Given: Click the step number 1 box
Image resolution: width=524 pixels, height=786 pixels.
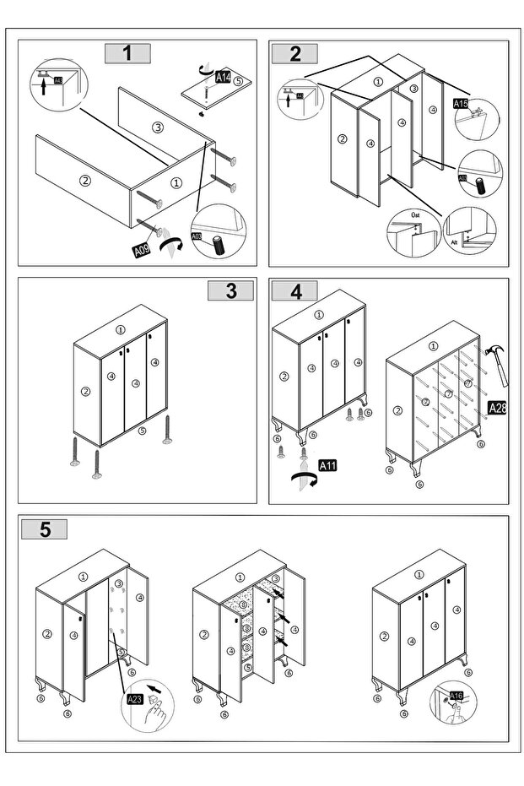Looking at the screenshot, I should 127,52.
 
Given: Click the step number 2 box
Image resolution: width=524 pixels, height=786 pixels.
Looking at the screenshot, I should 294,53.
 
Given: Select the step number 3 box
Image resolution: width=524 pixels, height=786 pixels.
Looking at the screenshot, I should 230,290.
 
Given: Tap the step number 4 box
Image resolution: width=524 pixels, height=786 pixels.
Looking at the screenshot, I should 294,291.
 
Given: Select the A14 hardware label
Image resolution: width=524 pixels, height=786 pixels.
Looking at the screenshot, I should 223,77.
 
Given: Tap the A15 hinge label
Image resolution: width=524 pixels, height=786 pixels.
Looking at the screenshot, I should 461,104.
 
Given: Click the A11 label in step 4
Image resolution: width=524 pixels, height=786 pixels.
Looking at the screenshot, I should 329,465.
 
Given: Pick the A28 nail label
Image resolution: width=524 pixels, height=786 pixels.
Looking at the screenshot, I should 498,409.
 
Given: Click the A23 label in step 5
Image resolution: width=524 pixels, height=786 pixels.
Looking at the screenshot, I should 134,698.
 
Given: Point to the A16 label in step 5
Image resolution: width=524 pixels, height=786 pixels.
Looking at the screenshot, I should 456,696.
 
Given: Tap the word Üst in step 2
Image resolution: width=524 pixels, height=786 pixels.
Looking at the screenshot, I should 414,216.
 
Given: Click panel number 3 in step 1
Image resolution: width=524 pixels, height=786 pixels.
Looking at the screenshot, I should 157,127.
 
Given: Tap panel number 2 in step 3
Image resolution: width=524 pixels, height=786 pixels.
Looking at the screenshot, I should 84,391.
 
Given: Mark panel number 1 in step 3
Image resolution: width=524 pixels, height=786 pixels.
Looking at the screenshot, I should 121,330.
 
